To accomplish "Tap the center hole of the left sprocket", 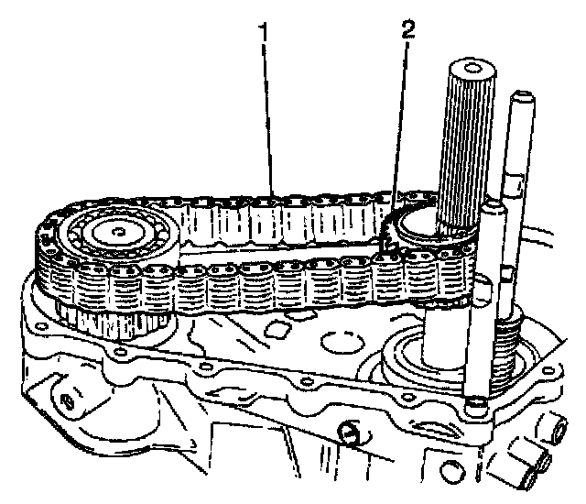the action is pos(119,231).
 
